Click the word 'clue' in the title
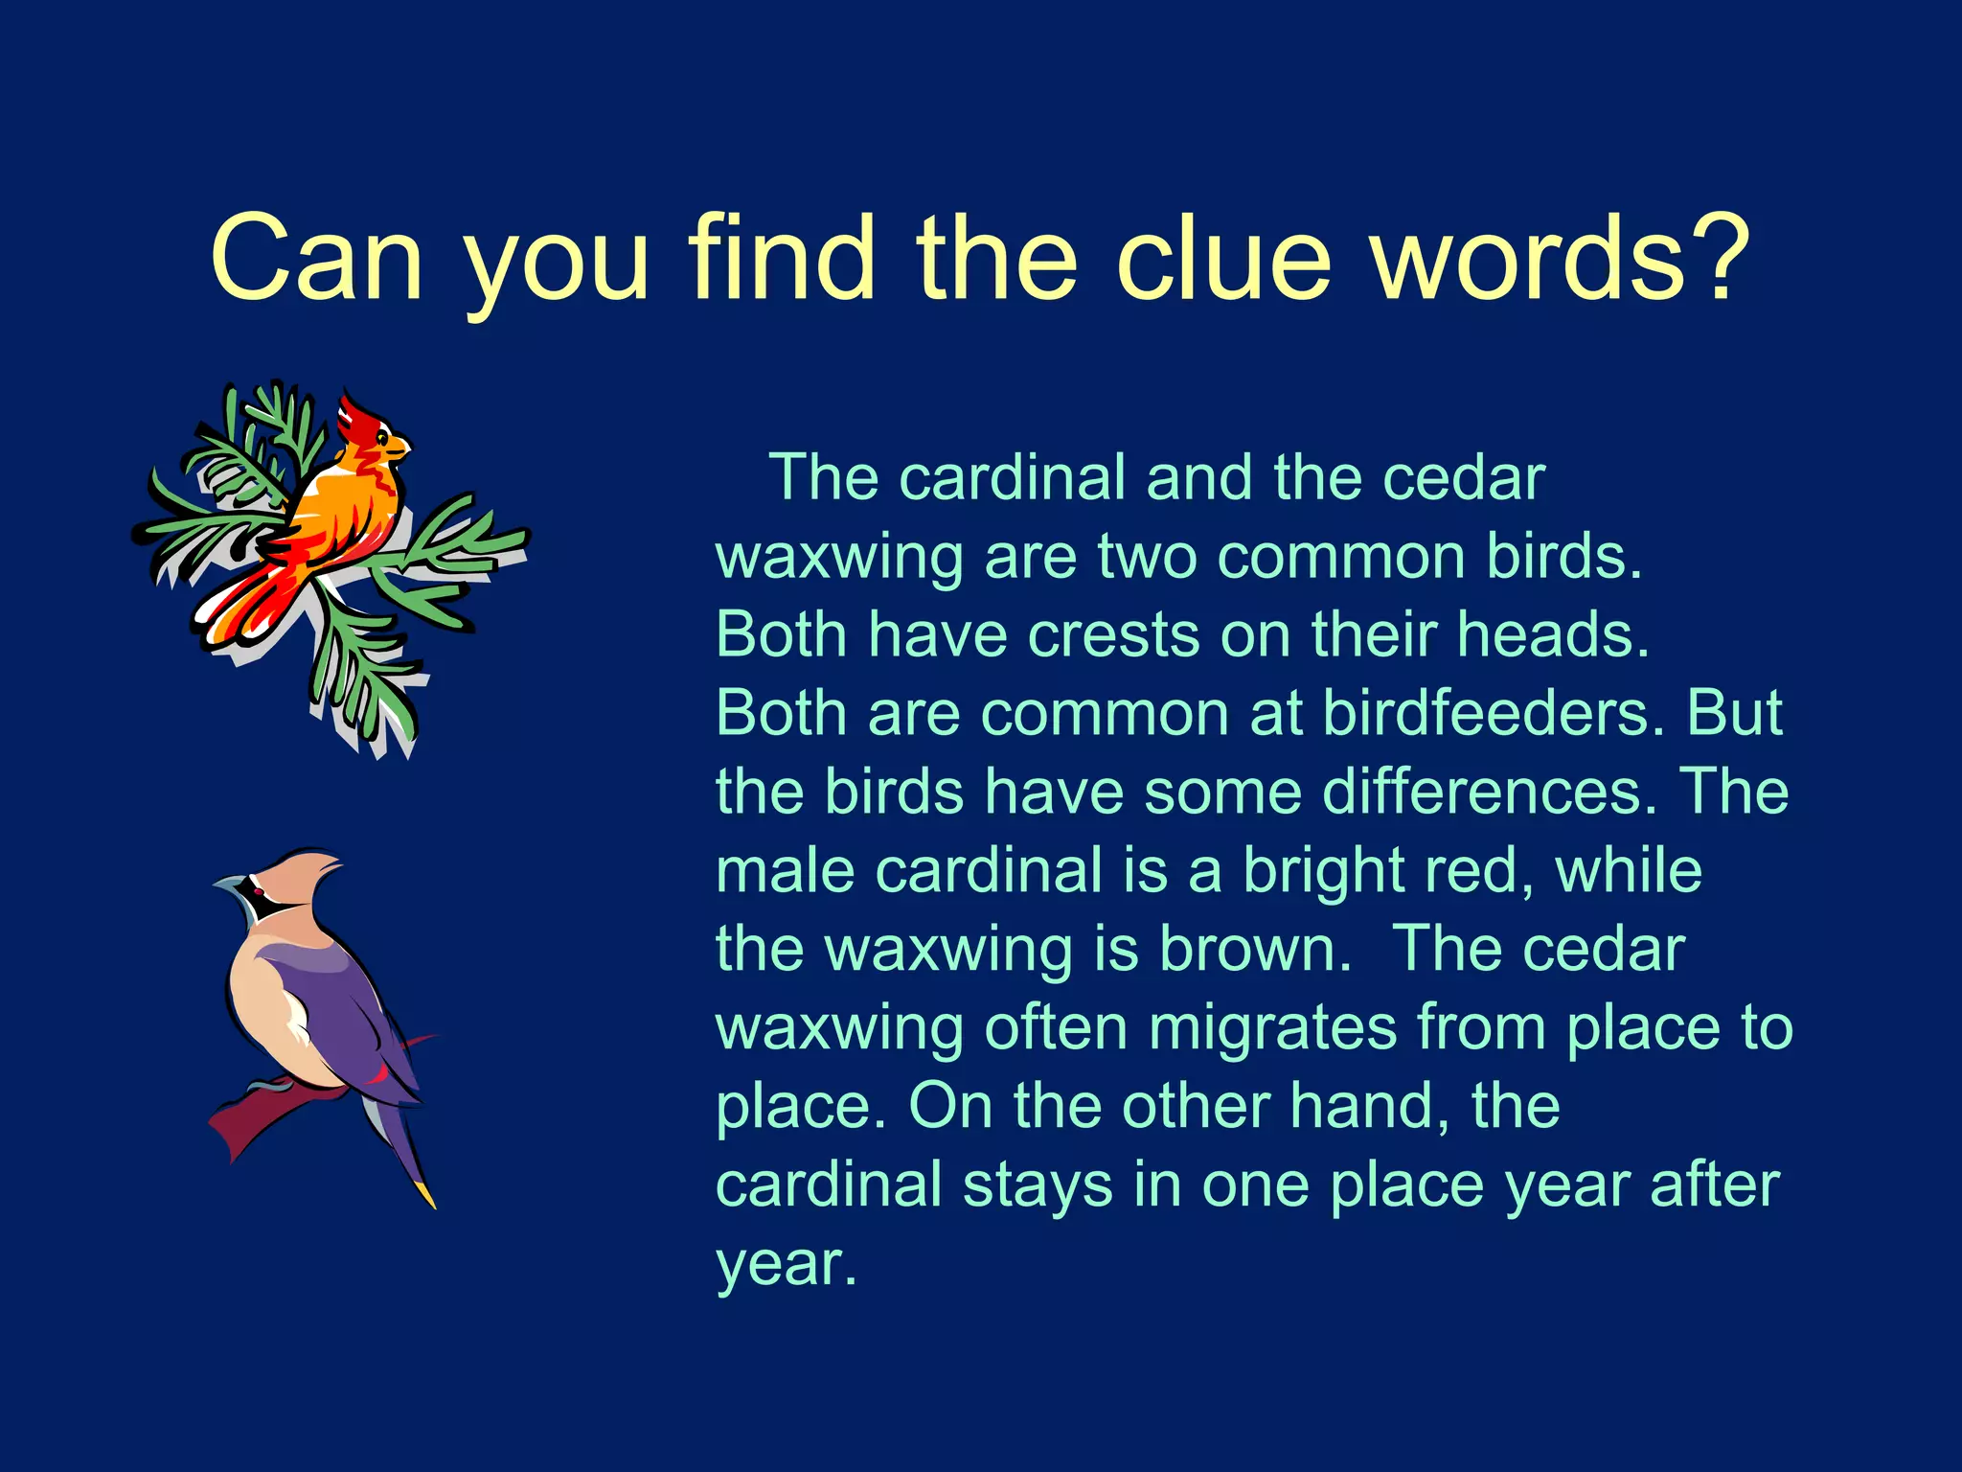[1224, 257]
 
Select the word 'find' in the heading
[781, 257]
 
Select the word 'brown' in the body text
[1254, 950]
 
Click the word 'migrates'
[1273, 1028]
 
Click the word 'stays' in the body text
[1038, 1185]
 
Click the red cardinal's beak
[399, 447]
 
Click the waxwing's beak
[226, 883]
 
